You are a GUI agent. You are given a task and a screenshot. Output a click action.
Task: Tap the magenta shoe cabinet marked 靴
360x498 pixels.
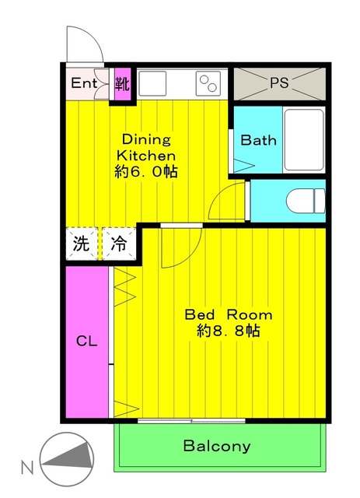[x=121, y=82]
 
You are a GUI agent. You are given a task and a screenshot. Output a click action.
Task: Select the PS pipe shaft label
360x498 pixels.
[x=278, y=82]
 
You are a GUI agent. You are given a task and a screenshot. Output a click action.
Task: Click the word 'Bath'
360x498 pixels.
[x=257, y=141]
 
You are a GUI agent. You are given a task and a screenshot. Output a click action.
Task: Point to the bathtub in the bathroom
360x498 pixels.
[x=302, y=140]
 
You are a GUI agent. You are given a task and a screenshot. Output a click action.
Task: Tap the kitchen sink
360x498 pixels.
[x=154, y=82]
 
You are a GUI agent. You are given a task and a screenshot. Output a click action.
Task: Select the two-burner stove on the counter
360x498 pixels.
[x=208, y=82]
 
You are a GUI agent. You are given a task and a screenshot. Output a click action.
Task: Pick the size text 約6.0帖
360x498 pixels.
[x=145, y=171]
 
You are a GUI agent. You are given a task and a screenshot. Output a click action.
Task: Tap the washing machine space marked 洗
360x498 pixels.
[x=82, y=243]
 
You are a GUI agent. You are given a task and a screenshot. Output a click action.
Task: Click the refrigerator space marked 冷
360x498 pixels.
[x=119, y=243]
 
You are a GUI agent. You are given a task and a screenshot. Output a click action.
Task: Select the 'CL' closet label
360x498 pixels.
[x=86, y=341]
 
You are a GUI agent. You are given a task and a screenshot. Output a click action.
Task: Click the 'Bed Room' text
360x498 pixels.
[x=228, y=315]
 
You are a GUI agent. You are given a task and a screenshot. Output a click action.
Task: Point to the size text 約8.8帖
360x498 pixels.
[x=228, y=331]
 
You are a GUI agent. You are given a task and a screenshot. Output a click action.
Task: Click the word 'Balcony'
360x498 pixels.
[x=217, y=446]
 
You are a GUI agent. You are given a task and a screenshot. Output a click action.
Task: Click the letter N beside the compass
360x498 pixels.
[x=26, y=468]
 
